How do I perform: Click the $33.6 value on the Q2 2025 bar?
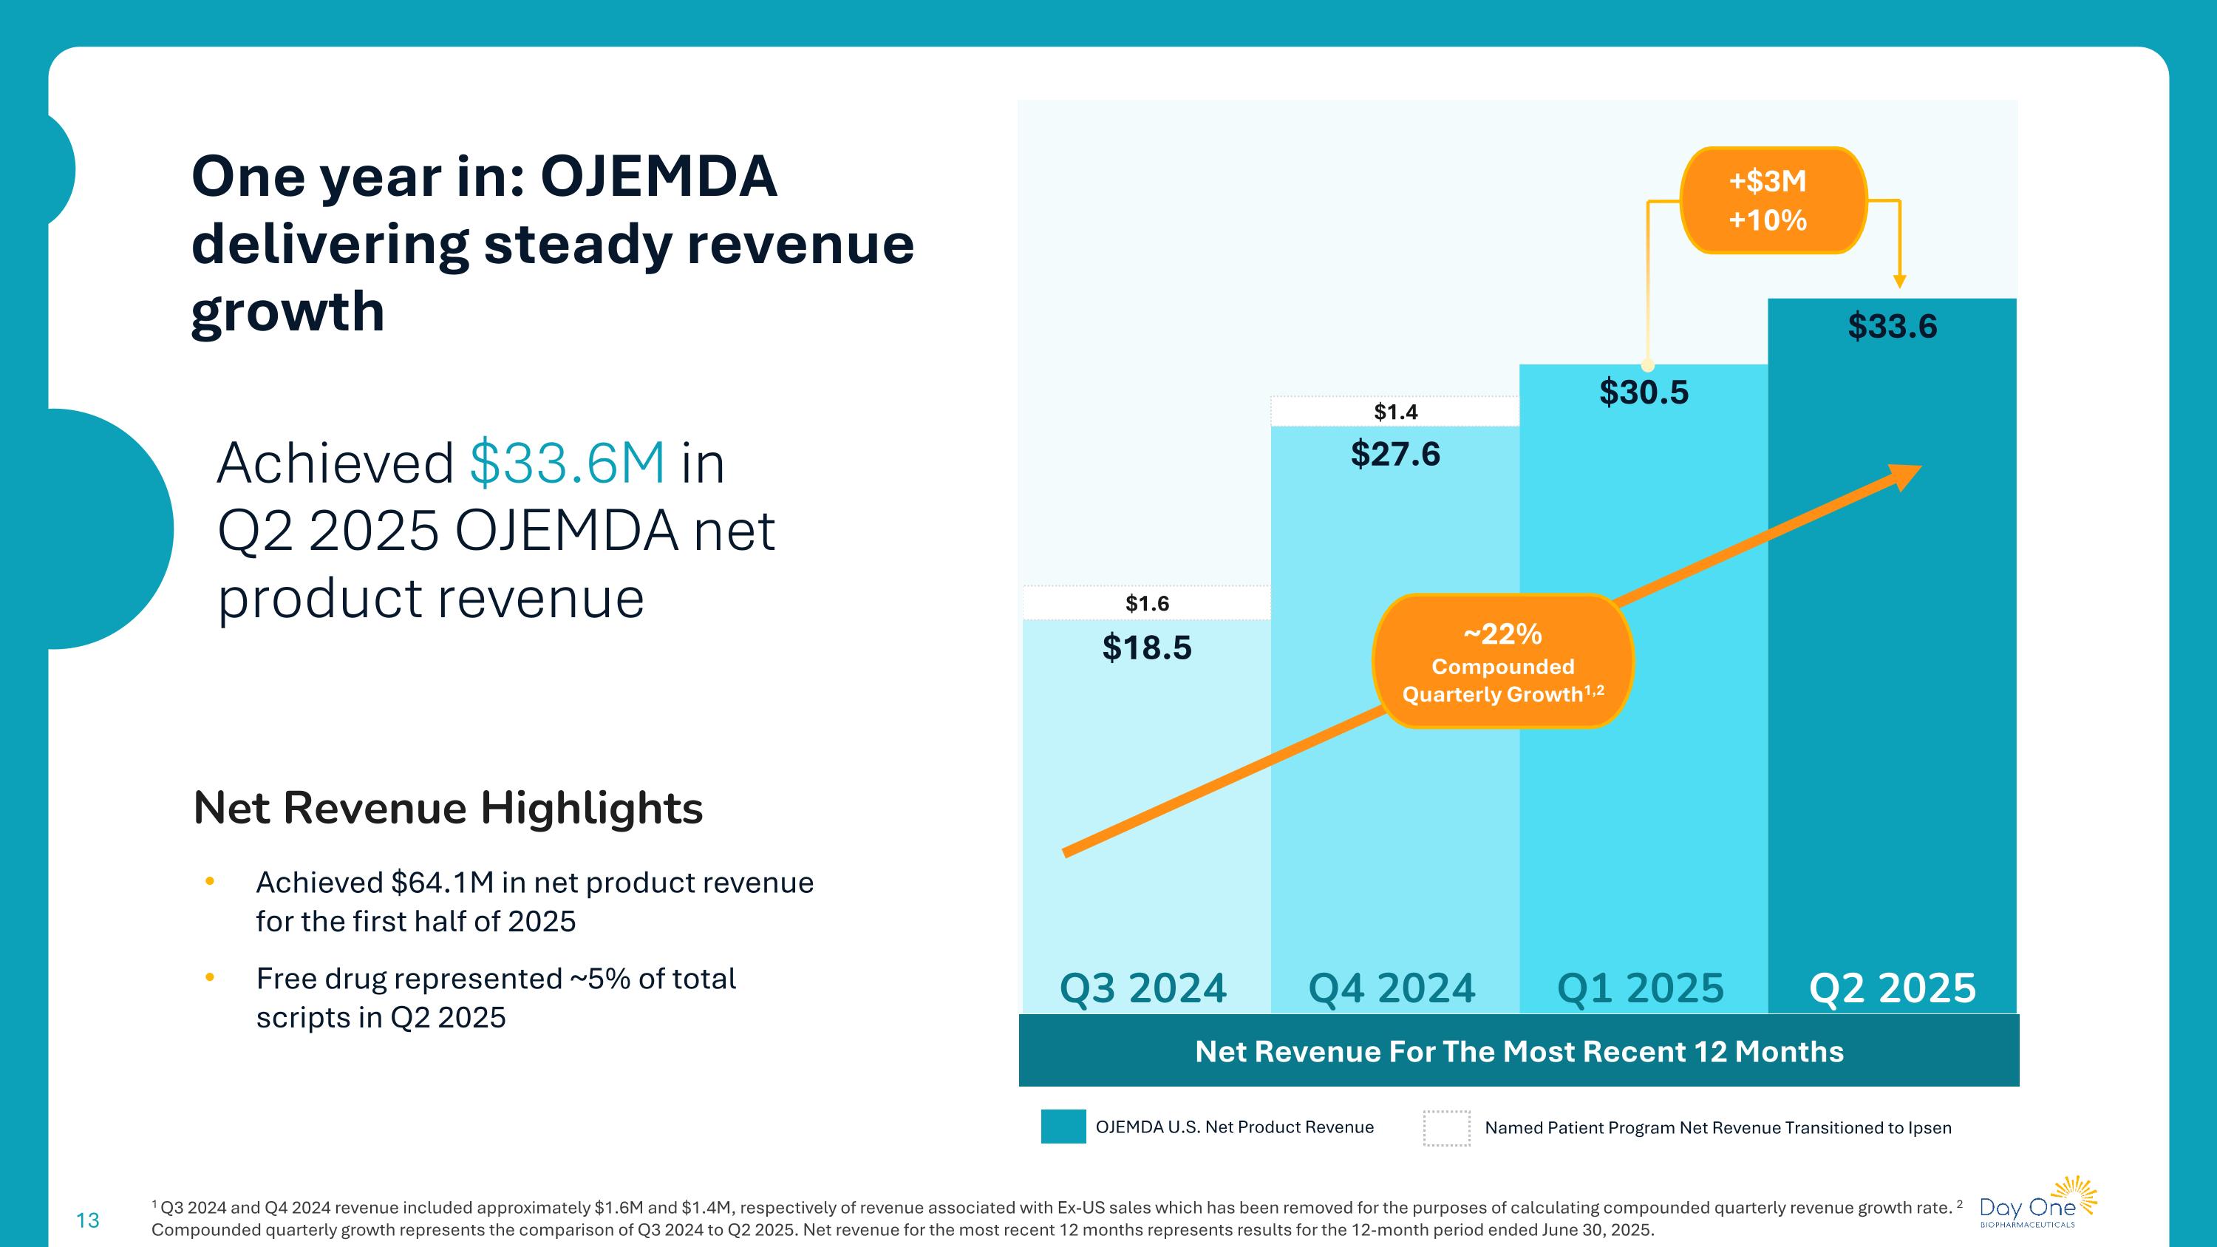[1892, 327]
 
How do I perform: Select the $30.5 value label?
[1643, 393]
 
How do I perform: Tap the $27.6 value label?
[1394, 455]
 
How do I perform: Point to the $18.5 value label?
[1146, 648]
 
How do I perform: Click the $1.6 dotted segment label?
[1146, 603]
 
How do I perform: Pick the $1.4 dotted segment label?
[1395, 412]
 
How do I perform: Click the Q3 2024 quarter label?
[1143, 988]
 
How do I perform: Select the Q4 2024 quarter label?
[1392, 988]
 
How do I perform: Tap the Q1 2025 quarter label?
[1641, 988]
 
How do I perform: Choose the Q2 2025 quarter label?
[1892, 988]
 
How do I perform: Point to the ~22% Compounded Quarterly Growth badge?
[1502, 662]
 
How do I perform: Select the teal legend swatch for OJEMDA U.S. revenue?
[1063, 1127]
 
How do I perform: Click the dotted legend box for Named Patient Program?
[1446, 1128]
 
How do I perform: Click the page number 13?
[88, 1220]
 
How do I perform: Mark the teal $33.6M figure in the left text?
[567, 463]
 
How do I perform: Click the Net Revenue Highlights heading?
[448, 808]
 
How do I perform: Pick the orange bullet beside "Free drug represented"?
[209, 978]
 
